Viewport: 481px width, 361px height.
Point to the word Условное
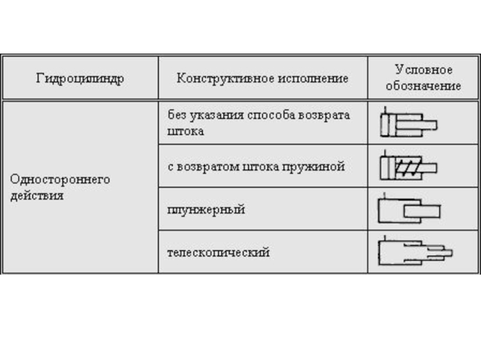click(423, 70)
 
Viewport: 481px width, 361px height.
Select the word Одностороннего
click(60, 179)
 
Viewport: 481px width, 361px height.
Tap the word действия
click(37, 196)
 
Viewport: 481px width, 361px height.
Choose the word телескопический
click(218, 253)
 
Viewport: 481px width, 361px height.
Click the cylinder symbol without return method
click(408, 125)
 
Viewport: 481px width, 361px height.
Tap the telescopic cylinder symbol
click(414, 251)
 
